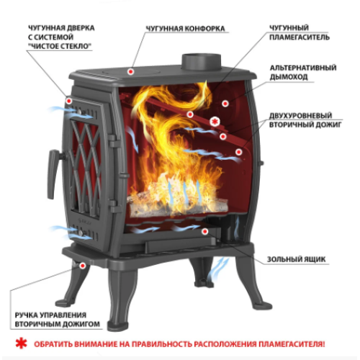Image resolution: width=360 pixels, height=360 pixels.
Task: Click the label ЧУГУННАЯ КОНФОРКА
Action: click(186, 29)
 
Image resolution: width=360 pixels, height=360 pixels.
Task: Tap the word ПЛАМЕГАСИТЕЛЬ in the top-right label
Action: click(300, 37)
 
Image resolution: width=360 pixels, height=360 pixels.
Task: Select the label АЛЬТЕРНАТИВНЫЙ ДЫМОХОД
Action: click(303, 72)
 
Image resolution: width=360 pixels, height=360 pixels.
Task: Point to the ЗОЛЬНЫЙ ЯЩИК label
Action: click(296, 259)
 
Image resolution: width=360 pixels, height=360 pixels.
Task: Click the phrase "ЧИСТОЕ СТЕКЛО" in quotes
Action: click(60, 46)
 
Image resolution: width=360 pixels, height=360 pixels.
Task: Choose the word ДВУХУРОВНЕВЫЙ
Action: click(300, 115)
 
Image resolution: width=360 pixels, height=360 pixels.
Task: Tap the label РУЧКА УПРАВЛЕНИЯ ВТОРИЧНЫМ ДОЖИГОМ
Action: click(57, 320)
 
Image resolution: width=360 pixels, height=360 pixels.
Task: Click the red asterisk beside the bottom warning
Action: click(22, 343)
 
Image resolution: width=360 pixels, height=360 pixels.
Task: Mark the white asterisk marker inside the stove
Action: click(215, 122)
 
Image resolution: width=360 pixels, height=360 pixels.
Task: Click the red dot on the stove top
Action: click(131, 71)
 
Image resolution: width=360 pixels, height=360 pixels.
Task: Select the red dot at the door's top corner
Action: click(69, 101)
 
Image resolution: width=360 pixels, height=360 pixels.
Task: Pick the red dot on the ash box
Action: click(204, 232)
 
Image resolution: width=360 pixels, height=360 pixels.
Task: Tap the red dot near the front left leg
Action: click(83, 266)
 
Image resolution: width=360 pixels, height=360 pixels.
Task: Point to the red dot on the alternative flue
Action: click(225, 104)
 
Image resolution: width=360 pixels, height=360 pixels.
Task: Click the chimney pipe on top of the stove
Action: click(201, 62)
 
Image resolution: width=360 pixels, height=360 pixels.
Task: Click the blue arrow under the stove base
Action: click(218, 269)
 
